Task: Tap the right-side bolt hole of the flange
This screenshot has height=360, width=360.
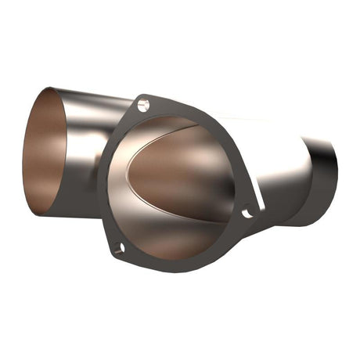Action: (x=247, y=212)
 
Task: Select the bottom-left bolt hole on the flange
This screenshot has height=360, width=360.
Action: (x=118, y=249)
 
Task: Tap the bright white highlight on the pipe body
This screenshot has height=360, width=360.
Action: (x=266, y=133)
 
